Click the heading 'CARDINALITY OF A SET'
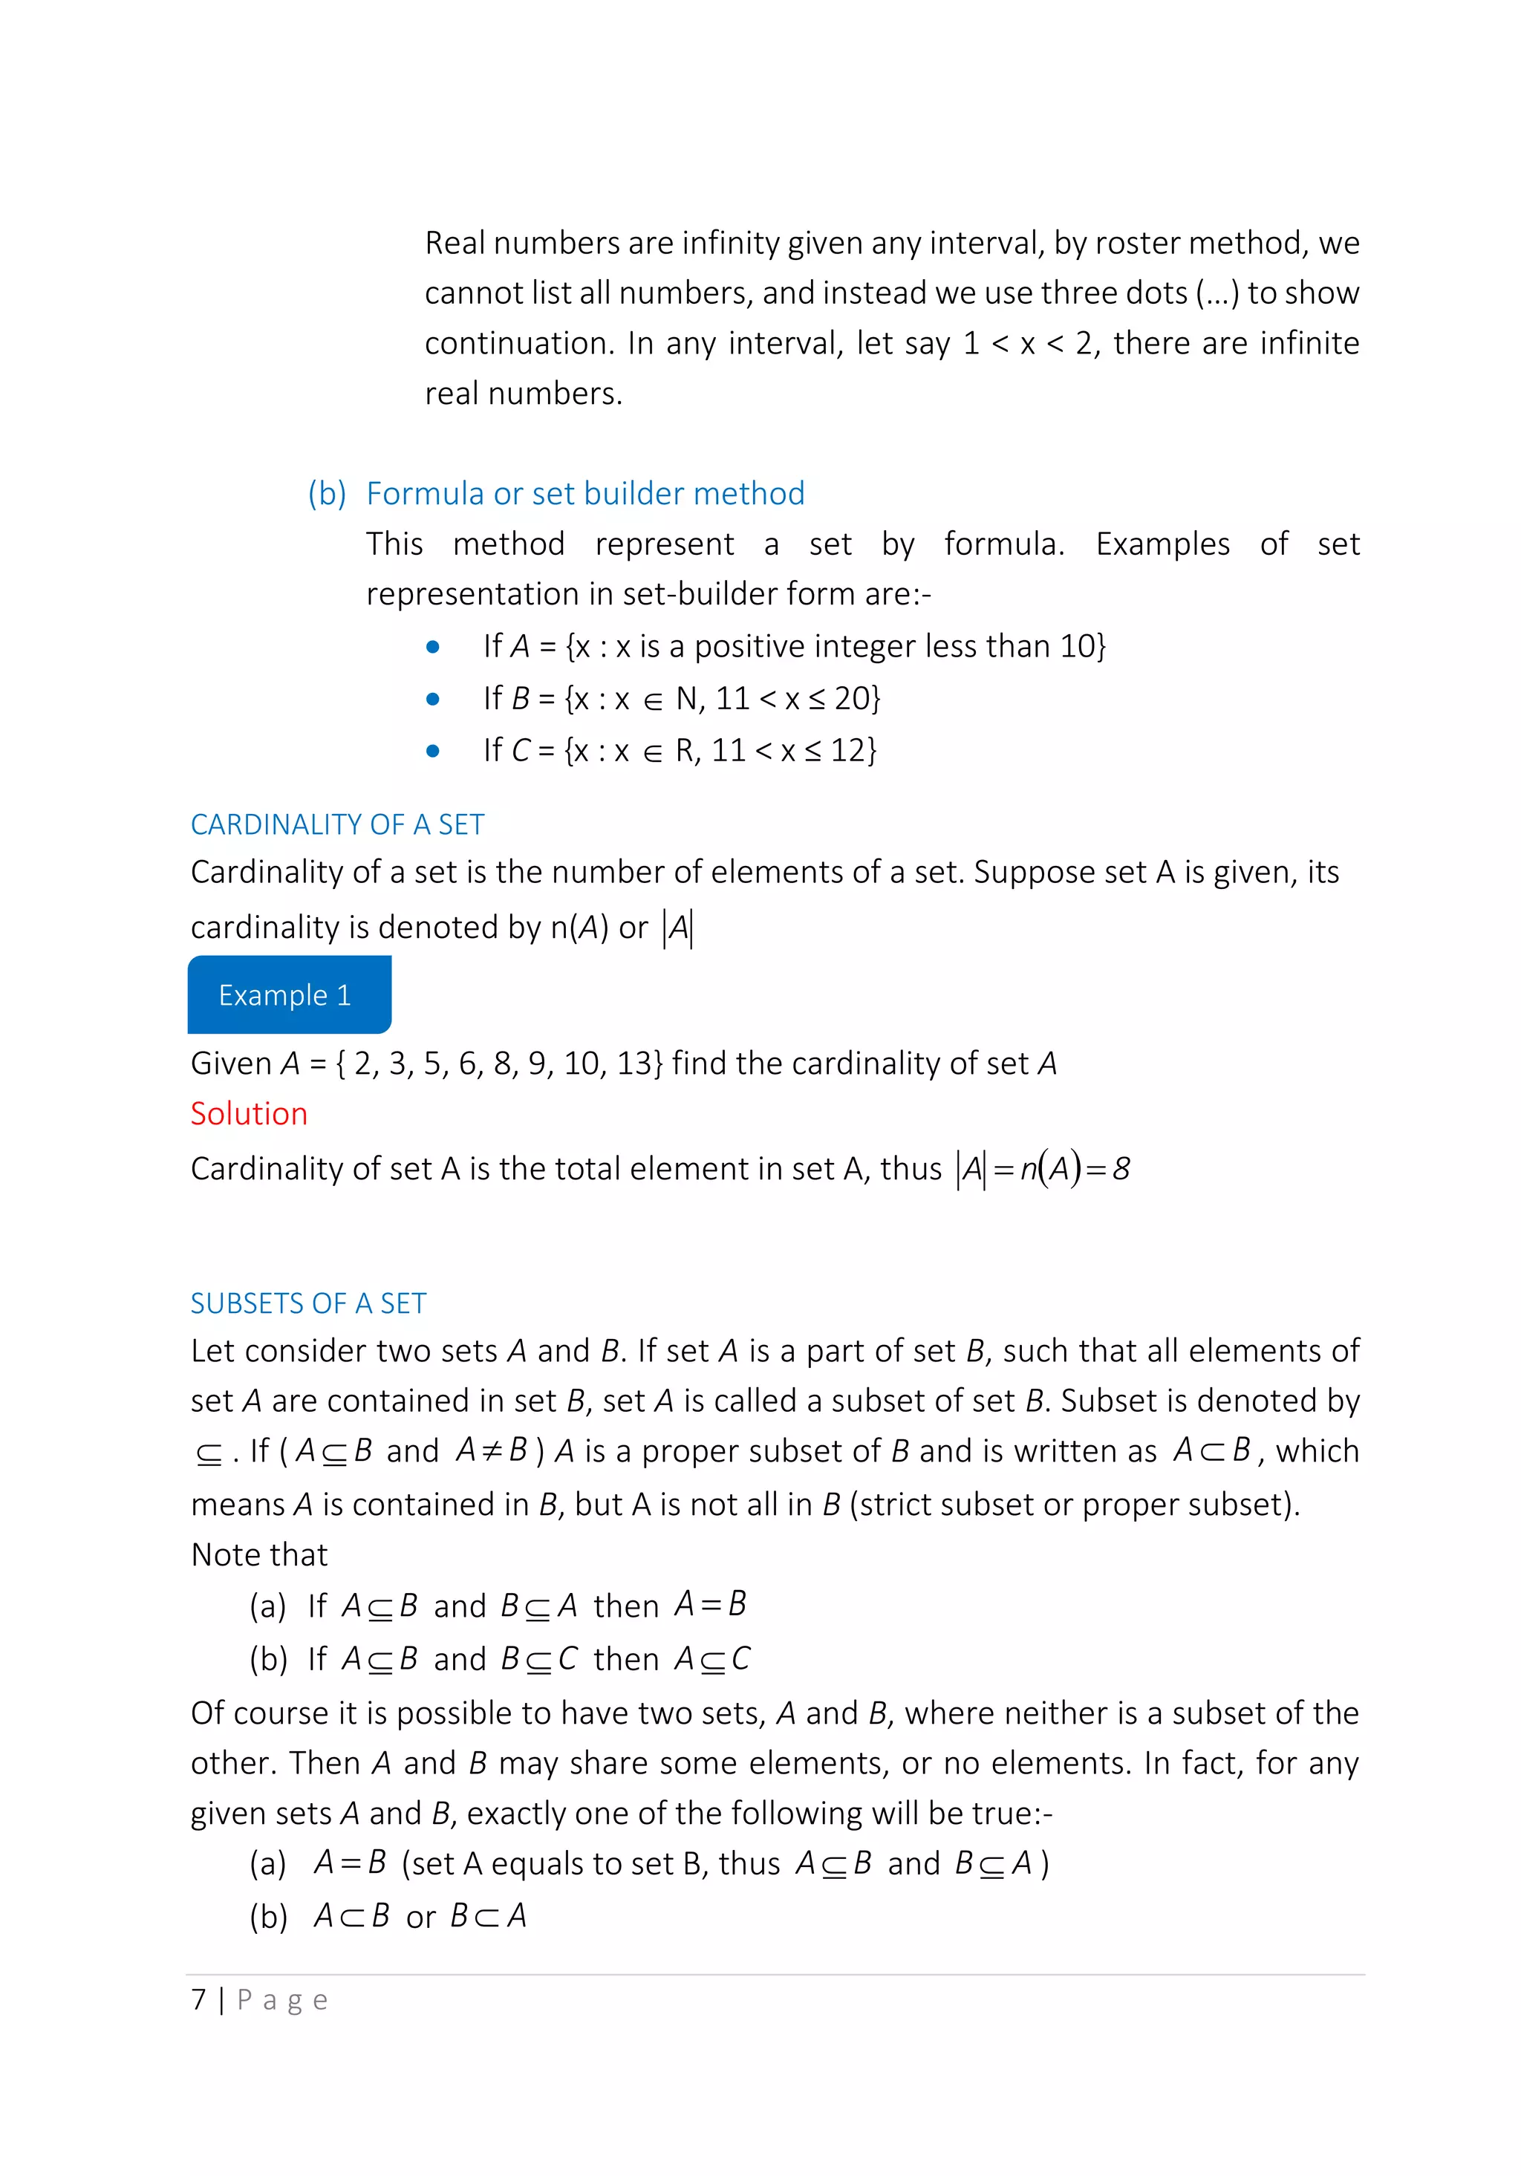(x=337, y=824)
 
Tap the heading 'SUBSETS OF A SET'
(x=308, y=1303)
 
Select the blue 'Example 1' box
(x=289, y=994)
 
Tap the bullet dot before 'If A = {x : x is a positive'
(x=433, y=648)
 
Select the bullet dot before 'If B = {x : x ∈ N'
(x=433, y=700)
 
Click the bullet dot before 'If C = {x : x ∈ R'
(x=433, y=752)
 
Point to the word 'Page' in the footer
(x=281, y=2000)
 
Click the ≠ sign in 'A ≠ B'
(x=492, y=1450)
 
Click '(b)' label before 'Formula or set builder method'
(x=327, y=493)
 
